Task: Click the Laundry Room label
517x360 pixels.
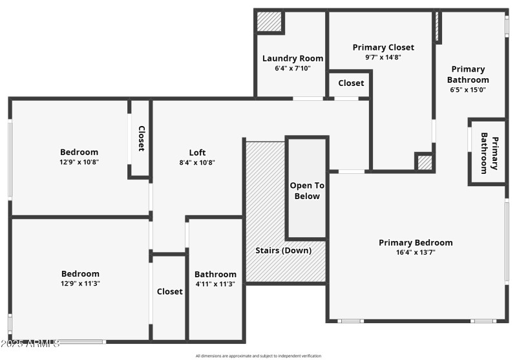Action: pos(293,58)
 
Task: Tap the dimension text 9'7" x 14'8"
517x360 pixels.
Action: pos(383,58)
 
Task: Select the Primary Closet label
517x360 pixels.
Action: pos(383,47)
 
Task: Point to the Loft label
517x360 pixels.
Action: pos(198,153)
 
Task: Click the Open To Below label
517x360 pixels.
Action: pos(307,191)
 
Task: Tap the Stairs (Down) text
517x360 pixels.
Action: pos(284,250)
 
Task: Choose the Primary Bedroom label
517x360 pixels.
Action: pos(416,242)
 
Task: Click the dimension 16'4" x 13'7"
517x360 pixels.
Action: pos(416,253)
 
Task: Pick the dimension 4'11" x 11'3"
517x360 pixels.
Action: pos(215,284)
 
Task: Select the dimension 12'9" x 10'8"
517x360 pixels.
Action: pos(79,162)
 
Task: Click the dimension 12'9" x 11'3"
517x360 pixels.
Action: pos(80,283)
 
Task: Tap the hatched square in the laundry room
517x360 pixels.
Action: pos(269,22)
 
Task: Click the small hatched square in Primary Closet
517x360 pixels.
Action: pos(423,162)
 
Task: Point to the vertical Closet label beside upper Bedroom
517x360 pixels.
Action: pos(141,138)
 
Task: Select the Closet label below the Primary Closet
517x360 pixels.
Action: pos(351,83)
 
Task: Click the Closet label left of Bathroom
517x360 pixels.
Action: pos(170,291)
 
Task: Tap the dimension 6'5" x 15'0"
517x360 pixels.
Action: pos(468,90)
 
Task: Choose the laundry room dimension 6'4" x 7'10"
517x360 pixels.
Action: pos(293,68)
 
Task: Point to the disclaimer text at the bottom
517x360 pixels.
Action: pos(258,355)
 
